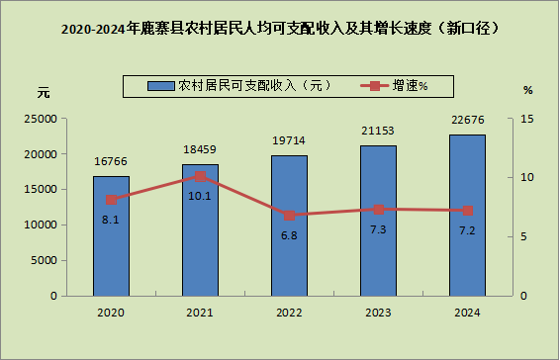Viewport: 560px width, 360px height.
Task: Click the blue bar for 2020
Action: [111, 235]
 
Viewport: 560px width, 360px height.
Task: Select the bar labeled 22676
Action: [467, 215]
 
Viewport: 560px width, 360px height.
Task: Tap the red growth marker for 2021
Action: [201, 176]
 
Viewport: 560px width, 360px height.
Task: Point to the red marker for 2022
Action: [289, 216]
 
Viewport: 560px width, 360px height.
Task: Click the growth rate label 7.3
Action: [378, 229]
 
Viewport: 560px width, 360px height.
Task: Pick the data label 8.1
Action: [111, 220]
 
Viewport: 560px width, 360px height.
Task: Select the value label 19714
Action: [289, 140]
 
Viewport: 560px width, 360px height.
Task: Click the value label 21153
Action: [378, 131]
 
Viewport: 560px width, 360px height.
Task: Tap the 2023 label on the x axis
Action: [378, 313]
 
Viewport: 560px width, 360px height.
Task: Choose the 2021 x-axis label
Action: [200, 313]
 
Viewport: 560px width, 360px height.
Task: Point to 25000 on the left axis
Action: [41, 119]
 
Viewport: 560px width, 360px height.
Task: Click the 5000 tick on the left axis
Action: [44, 260]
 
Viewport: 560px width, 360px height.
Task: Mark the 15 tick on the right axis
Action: [526, 119]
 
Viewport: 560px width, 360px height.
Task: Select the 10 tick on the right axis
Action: [526, 177]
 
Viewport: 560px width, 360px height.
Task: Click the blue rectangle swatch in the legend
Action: [161, 86]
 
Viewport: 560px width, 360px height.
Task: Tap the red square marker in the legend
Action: [375, 86]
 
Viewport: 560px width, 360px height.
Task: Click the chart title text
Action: [280, 29]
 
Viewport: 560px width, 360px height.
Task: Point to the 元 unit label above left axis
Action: [44, 93]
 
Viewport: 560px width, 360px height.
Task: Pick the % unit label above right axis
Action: [528, 90]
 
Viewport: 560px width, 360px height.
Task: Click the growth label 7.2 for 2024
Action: [467, 231]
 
